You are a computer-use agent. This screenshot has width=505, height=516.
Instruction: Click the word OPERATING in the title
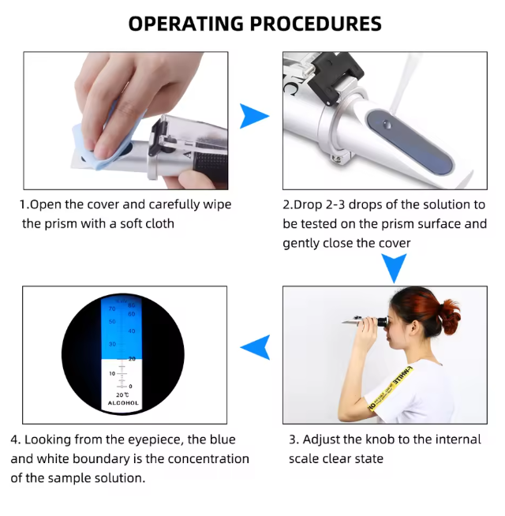point(186,24)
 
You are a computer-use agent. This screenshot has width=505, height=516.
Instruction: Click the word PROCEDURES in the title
point(316,24)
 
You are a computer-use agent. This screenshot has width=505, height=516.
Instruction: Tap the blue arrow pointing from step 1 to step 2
point(253,116)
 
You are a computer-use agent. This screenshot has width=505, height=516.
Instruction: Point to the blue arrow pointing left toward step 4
point(256,347)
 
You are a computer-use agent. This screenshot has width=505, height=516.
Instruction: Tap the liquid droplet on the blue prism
point(387,125)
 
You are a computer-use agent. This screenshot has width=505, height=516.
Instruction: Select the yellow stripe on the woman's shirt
point(391,388)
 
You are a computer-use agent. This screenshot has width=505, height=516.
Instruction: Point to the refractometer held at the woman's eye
point(365,320)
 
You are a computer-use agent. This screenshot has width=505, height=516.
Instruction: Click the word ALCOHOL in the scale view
point(123,403)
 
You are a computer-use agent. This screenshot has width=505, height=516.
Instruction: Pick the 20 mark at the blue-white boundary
point(132,359)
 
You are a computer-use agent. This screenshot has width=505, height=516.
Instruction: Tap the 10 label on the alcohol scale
point(112,373)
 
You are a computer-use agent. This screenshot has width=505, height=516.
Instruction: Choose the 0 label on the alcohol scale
point(130,387)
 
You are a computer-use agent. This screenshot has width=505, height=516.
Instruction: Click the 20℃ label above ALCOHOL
point(122,394)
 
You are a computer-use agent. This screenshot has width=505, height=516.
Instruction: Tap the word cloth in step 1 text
point(159,224)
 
